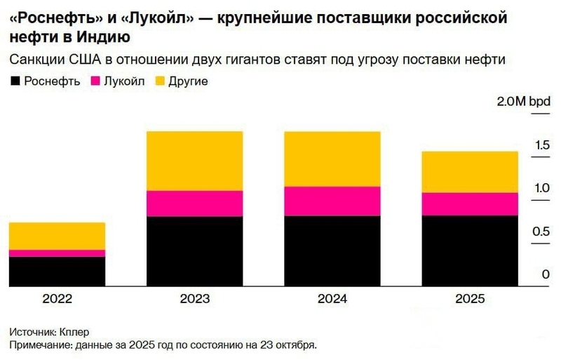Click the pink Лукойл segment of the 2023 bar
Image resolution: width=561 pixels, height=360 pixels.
194,204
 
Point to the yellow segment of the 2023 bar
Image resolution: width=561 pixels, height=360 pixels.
194,161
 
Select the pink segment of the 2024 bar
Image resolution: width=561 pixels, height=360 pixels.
332,201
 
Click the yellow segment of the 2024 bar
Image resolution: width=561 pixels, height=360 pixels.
332,159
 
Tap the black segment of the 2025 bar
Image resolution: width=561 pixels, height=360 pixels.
469,251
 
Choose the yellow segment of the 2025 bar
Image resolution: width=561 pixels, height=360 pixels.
469,172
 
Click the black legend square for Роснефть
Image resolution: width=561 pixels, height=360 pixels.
15,81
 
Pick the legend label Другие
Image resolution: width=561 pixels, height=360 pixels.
187,81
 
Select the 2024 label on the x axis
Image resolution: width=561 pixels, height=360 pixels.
332,298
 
